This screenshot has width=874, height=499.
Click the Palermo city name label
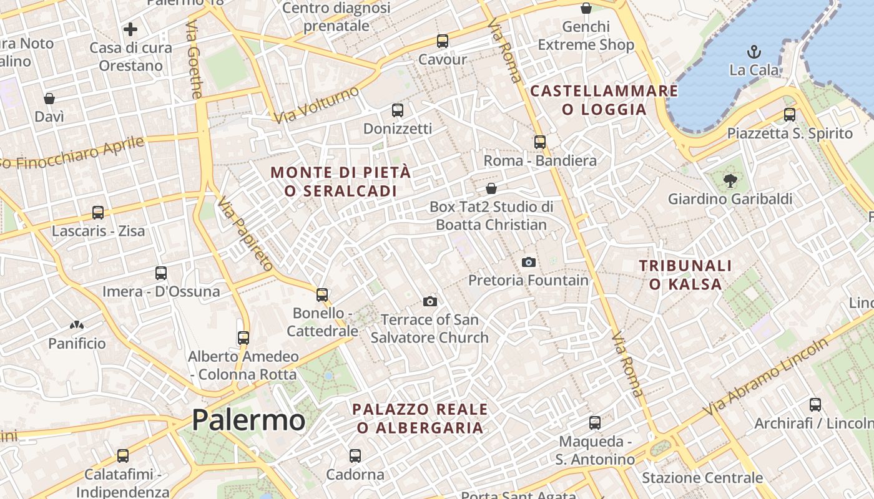[x=248, y=420]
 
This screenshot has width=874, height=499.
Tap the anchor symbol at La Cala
[x=754, y=51]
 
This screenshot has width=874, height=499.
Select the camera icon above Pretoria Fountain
[x=529, y=262]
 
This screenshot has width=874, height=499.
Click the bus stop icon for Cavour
[x=443, y=41]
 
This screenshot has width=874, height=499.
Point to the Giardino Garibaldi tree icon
[x=729, y=181]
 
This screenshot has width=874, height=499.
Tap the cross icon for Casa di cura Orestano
[x=130, y=29]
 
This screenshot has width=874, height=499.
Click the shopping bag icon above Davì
[x=49, y=99]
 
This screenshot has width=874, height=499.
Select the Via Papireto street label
[x=245, y=234]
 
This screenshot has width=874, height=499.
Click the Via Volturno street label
[x=317, y=105]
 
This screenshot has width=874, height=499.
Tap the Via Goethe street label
[x=194, y=59]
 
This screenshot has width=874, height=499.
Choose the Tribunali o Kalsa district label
[x=685, y=275]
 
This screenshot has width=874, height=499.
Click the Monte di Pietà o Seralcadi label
[x=341, y=182]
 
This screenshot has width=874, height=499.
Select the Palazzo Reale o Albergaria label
[x=420, y=419]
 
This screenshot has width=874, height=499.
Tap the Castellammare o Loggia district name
[x=604, y=100]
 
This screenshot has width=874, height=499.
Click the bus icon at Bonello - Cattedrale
[x=322, y=294]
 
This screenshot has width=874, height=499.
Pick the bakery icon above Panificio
[x=77, y=325]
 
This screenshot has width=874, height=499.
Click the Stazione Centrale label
[x=702, y=478]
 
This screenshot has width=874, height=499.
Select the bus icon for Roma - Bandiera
[x=540, y=142]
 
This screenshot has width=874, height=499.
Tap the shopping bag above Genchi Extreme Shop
[x=586, y=8]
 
